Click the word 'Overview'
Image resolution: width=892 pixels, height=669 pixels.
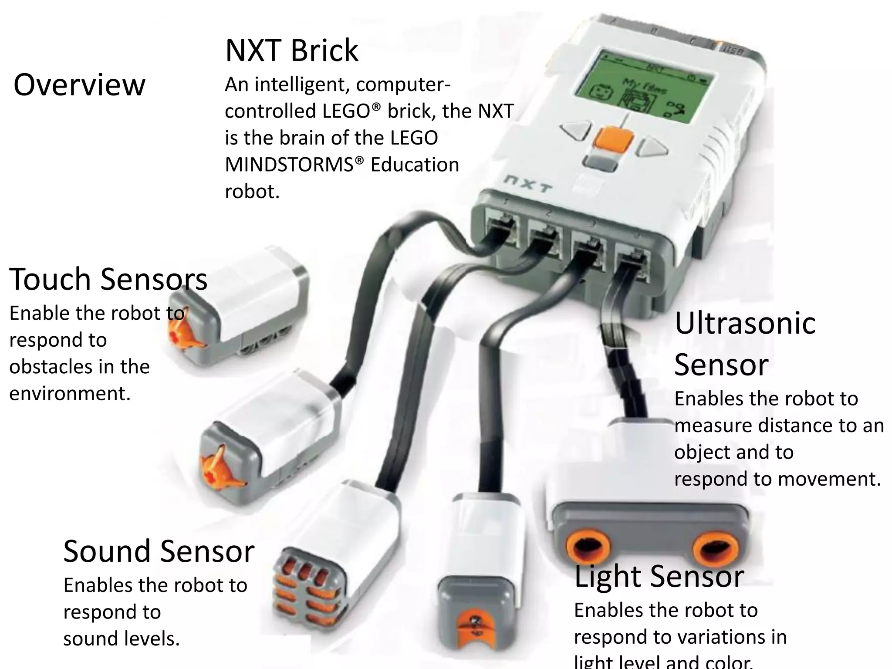coord(79,85)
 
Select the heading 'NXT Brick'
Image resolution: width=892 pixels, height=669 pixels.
coord(291,51)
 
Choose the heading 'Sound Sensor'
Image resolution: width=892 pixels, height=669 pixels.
coord(159,551)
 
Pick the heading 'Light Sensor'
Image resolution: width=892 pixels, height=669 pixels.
coord(659,576)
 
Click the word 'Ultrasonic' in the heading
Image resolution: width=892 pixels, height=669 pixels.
coord(745,323)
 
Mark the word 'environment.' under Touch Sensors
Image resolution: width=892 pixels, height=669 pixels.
coord(70,393)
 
